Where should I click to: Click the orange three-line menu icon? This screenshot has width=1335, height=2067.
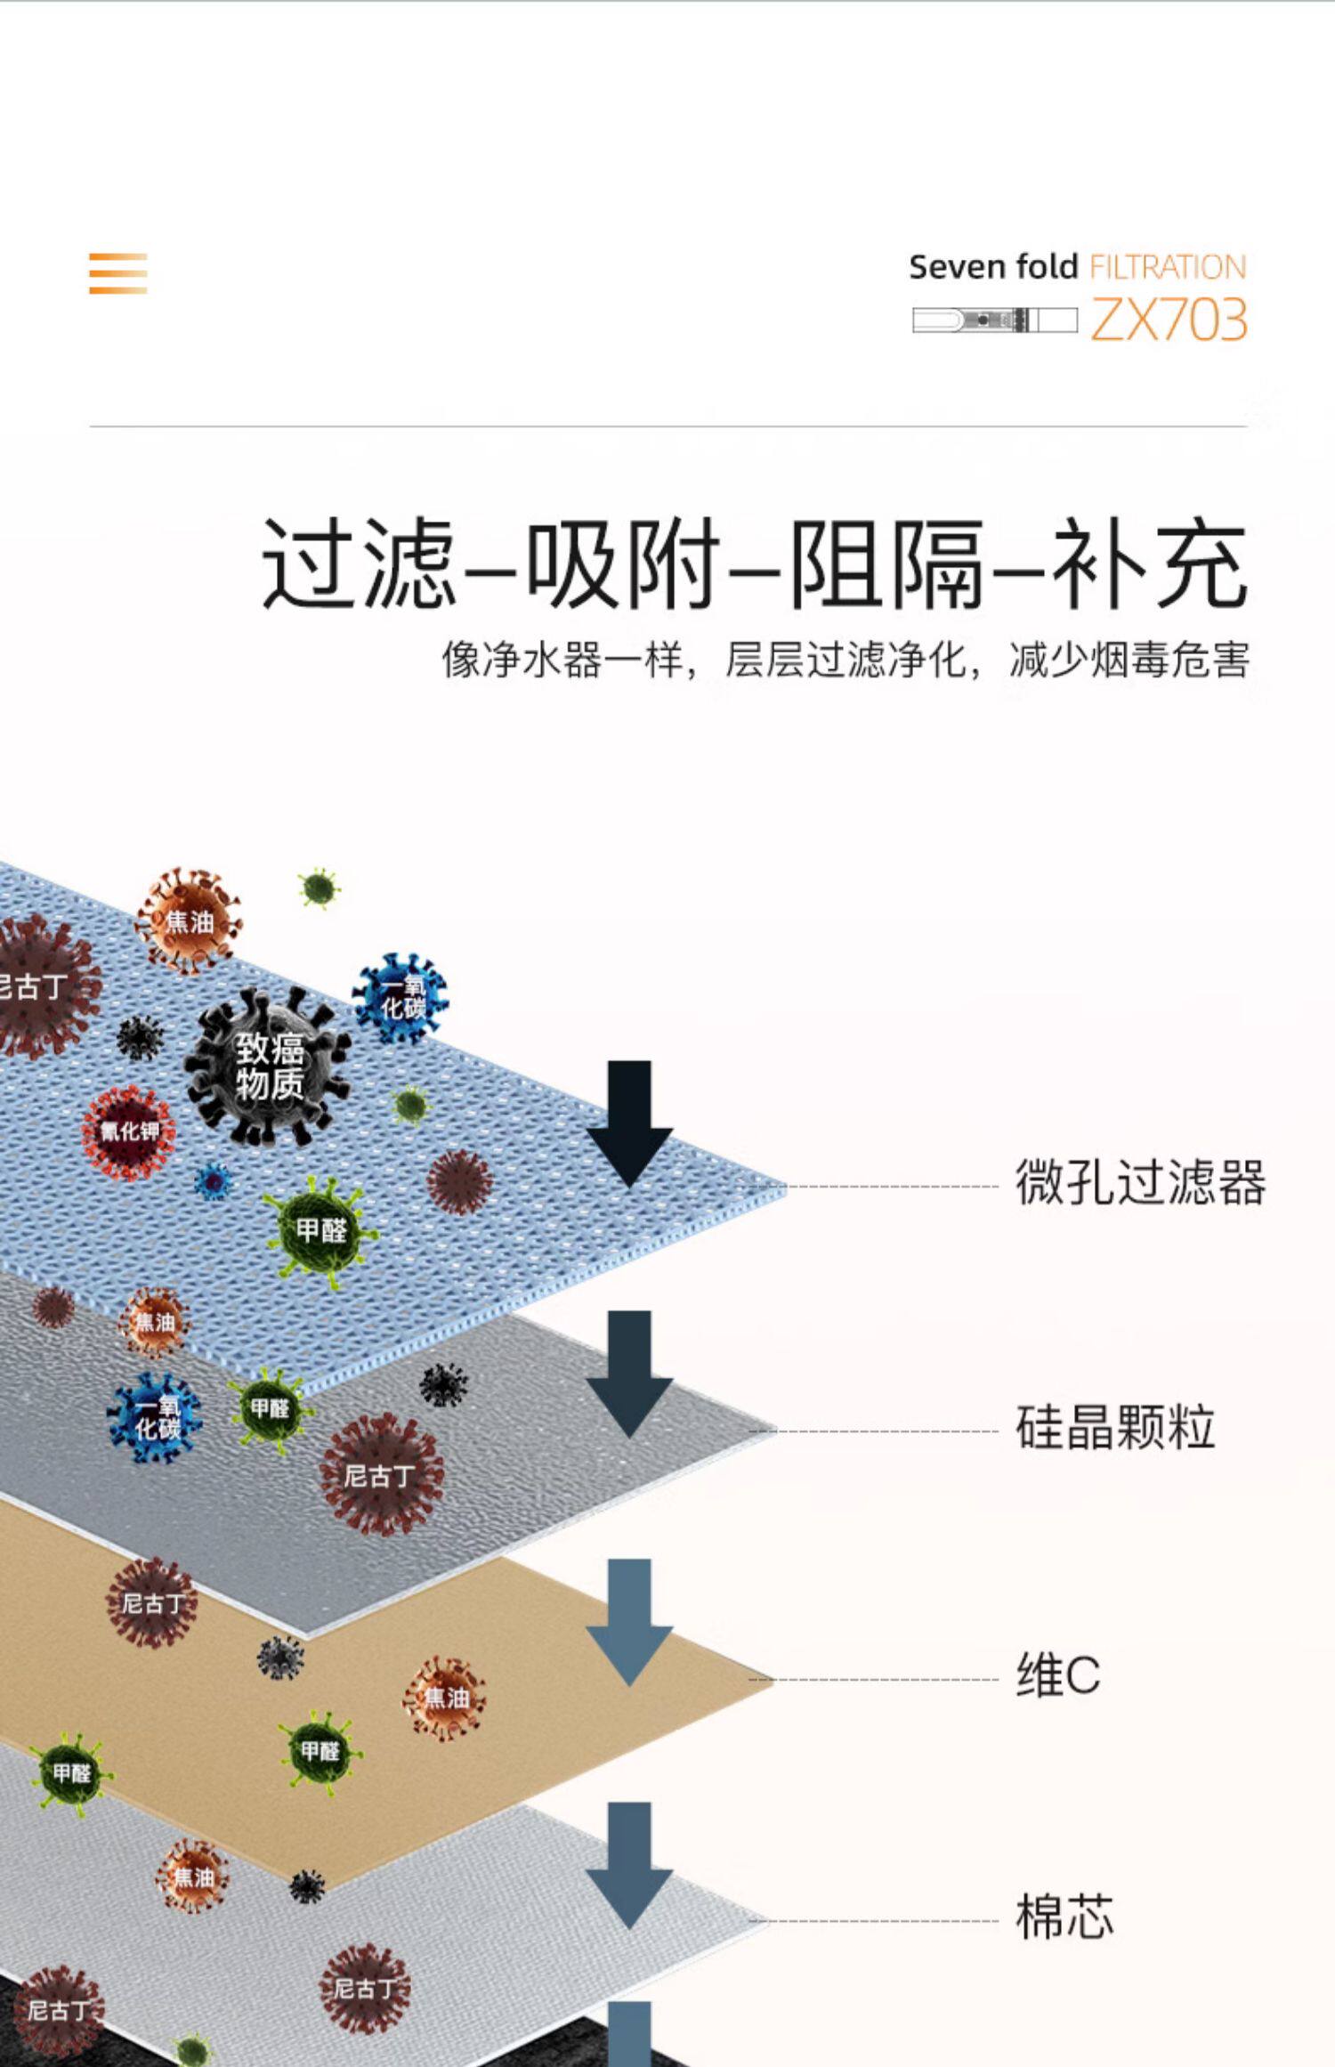117,273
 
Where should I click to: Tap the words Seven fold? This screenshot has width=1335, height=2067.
992,267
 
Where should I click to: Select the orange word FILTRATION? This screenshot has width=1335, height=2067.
1168,267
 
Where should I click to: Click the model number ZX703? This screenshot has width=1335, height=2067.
1169,320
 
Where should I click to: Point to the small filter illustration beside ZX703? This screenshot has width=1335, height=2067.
994,320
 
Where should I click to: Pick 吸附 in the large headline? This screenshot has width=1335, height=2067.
622,564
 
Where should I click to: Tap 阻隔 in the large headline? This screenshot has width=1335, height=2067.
886,564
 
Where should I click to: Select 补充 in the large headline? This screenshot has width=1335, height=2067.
1149,564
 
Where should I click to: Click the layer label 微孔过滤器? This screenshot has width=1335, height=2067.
1140,1183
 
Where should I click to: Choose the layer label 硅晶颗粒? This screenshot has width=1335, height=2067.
1115,1428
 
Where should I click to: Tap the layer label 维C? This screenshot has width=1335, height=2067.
1058,1675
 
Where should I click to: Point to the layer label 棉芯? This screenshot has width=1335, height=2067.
1064,1917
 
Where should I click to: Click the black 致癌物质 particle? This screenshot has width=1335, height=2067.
269,1066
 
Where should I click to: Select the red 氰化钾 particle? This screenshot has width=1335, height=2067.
129,1131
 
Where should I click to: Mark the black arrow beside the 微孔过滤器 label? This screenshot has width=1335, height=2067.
629,1124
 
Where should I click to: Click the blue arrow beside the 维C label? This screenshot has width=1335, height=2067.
629,1622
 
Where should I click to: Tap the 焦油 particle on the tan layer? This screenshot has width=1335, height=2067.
445,1698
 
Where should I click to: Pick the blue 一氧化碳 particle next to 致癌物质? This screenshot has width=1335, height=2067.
401,997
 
